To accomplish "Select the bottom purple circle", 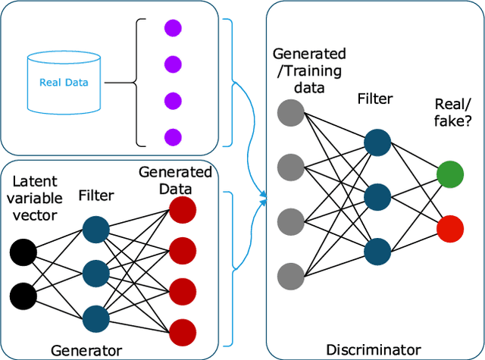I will click(174, 137).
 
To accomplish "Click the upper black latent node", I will click(23, 251).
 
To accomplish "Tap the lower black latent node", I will click(23, 293).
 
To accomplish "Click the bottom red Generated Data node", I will click(182, 330).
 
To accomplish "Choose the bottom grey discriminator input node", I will click(290, 275).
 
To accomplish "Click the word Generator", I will click(86, 350).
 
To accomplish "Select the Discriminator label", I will click(373, 349).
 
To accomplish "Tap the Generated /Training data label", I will click(308, 70).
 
